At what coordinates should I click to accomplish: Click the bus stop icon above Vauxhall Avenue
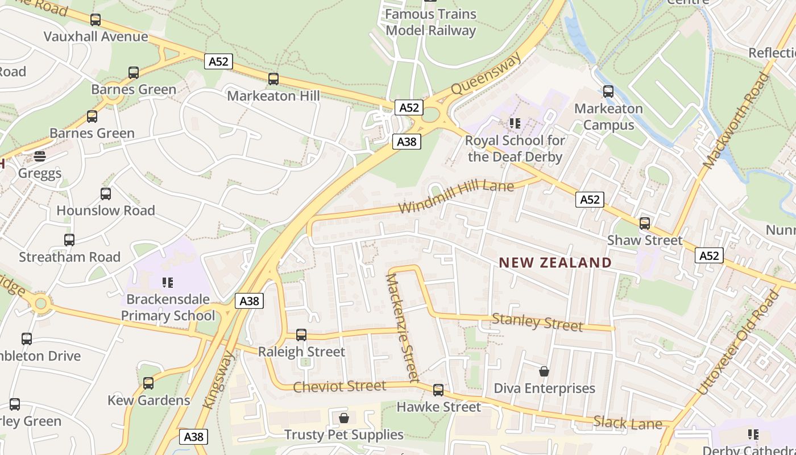pos(96,20)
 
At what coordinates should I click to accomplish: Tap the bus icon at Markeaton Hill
pos(273,79)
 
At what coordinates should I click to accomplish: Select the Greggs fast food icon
pos(40,156)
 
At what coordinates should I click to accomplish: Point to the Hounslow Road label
pos(106,210)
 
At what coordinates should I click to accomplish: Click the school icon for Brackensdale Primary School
pos(168,282)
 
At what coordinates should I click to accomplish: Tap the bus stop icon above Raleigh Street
pos(301,335)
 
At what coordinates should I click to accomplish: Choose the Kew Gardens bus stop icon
pos(148,383)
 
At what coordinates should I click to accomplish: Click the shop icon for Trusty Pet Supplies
pos(343,419)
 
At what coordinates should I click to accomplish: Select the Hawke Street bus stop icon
pos(438,390)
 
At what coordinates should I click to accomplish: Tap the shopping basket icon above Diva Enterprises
pos(544,371)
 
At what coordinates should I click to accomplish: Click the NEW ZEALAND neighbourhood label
pos(555,262)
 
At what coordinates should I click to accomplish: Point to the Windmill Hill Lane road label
pos(456,196)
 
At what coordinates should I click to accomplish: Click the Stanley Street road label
pos(537,322)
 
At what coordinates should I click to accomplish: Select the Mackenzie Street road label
pos(403,328)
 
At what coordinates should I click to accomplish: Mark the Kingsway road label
pos(219,379)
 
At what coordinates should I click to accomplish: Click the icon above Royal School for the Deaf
pos(515,123)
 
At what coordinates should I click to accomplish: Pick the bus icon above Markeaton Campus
pos(608,91)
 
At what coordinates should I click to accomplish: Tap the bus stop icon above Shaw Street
pos(645,224)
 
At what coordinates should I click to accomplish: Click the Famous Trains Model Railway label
pos(430,22)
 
